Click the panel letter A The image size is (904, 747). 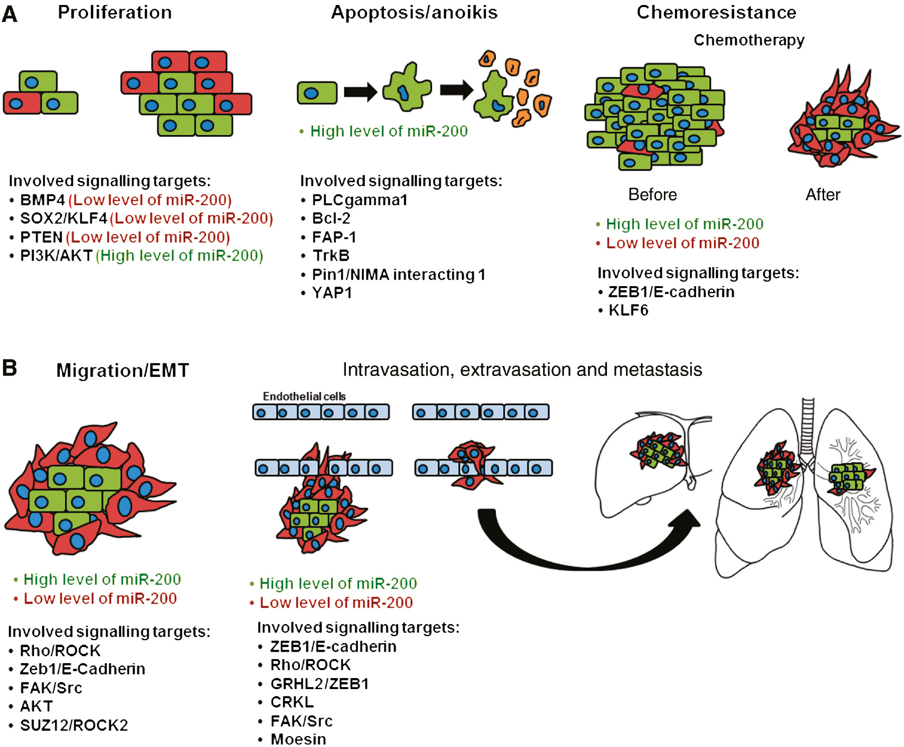point(9,14)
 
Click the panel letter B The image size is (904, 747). point(9,369)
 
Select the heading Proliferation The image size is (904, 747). point(115,12)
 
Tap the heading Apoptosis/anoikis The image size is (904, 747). point(414,12)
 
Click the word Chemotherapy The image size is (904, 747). point(749,40)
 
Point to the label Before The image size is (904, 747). point(652,194)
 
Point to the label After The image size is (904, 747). point(823,194)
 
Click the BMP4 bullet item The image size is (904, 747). point(42,200)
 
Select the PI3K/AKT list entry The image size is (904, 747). point(56,256)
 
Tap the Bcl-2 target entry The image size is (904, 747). point(331,218)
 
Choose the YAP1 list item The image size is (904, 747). point(332,293)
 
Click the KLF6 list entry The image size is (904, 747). point(628,311)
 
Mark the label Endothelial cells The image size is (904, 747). point(304,396)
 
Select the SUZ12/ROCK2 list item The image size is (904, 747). point(74,725)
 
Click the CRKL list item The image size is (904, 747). point(292,702)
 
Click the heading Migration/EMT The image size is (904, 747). point(122,371)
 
